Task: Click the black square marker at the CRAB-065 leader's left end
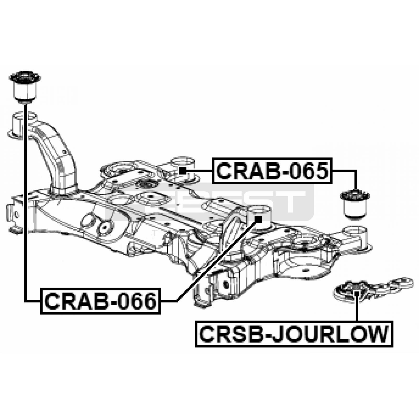[183, 171]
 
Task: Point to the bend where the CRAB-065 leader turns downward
[356, 171]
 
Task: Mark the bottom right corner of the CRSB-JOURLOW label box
[393, 347]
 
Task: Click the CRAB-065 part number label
[272, 171]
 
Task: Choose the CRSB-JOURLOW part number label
[294, 334]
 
